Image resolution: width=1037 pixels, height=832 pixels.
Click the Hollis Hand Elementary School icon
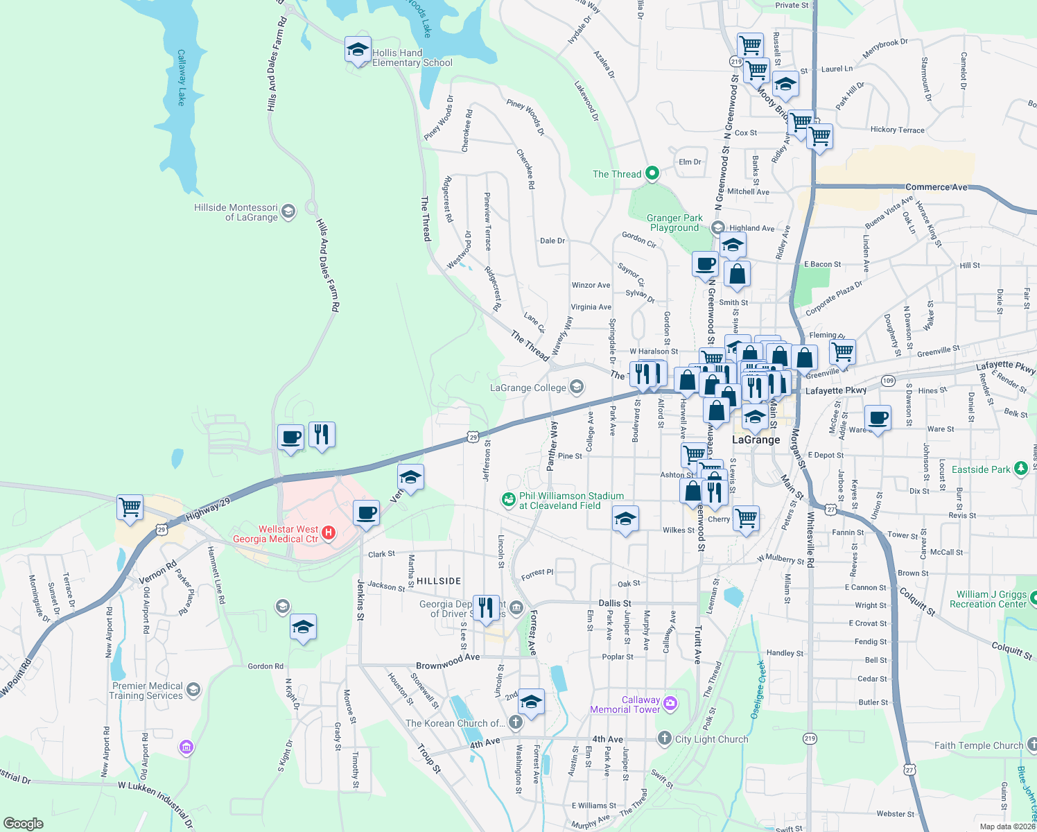point(358,50)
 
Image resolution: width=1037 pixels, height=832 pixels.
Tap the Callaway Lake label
point(182,78)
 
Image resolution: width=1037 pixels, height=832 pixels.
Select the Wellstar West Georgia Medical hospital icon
point(329,533)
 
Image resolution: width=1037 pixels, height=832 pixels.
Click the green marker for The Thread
point(652,173)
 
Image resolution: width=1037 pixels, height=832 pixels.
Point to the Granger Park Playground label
point(674,223)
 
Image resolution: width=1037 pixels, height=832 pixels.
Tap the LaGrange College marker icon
point(577,387)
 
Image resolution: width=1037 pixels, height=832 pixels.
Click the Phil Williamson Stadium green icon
point(509,499)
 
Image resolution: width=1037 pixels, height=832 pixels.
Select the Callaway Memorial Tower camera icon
point(670,704)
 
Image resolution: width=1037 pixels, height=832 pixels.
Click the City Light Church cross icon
point(665,738)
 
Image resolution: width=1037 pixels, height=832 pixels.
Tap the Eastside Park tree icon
point(1020,469)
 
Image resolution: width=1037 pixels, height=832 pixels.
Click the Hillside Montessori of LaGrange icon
point(288,211)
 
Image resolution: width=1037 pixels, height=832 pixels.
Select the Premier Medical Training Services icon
point(193,690)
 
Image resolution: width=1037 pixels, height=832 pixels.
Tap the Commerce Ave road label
point(936,187)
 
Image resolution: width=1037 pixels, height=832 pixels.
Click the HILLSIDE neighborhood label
point(439,581)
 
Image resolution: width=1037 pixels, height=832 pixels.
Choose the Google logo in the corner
point(24,823)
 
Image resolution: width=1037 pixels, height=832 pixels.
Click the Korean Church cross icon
point(515,722)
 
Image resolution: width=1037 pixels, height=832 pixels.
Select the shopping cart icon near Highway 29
point(130,507)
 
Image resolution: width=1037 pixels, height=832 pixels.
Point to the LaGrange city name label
point(756,440)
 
